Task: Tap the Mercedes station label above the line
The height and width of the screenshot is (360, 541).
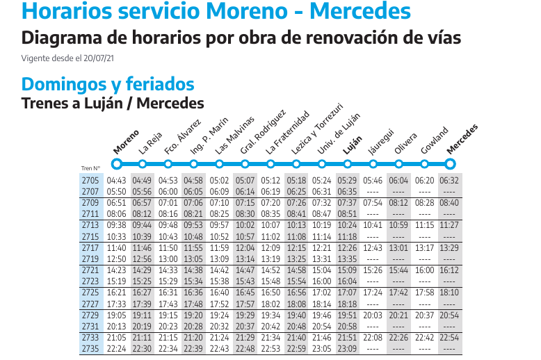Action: tap(463, 138)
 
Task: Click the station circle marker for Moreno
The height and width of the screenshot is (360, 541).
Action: tap(116, 164)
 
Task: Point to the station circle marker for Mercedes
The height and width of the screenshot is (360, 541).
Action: tap(451, 164)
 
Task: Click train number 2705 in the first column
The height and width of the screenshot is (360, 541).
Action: tap(90, 181)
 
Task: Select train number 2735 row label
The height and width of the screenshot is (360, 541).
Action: tap(90, 348)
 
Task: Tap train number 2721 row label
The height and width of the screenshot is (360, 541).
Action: tap(90, 270)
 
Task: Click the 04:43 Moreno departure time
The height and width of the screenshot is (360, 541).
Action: tap(116, 181)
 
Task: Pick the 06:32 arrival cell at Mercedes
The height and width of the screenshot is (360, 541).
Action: tap(449, 181)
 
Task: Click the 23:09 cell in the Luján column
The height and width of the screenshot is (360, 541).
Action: tap(347, 348)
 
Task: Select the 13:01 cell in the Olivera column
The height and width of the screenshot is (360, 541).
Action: tap(398, 248)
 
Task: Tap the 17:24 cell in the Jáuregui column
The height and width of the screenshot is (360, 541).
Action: tap(373, 293)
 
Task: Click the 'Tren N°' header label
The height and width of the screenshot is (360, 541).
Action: tap(90, 167)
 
